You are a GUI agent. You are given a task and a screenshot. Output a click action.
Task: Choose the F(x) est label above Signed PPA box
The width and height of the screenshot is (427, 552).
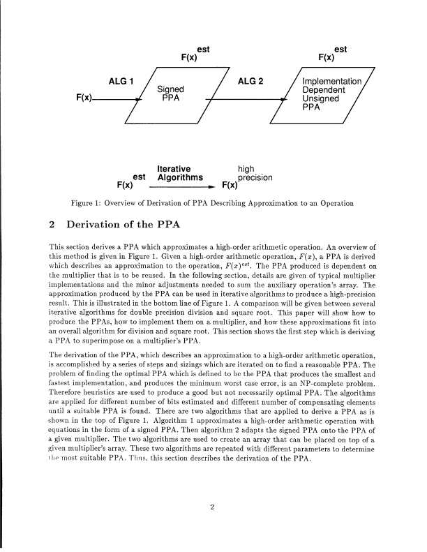pyautogui.click(x=193, y=55)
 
